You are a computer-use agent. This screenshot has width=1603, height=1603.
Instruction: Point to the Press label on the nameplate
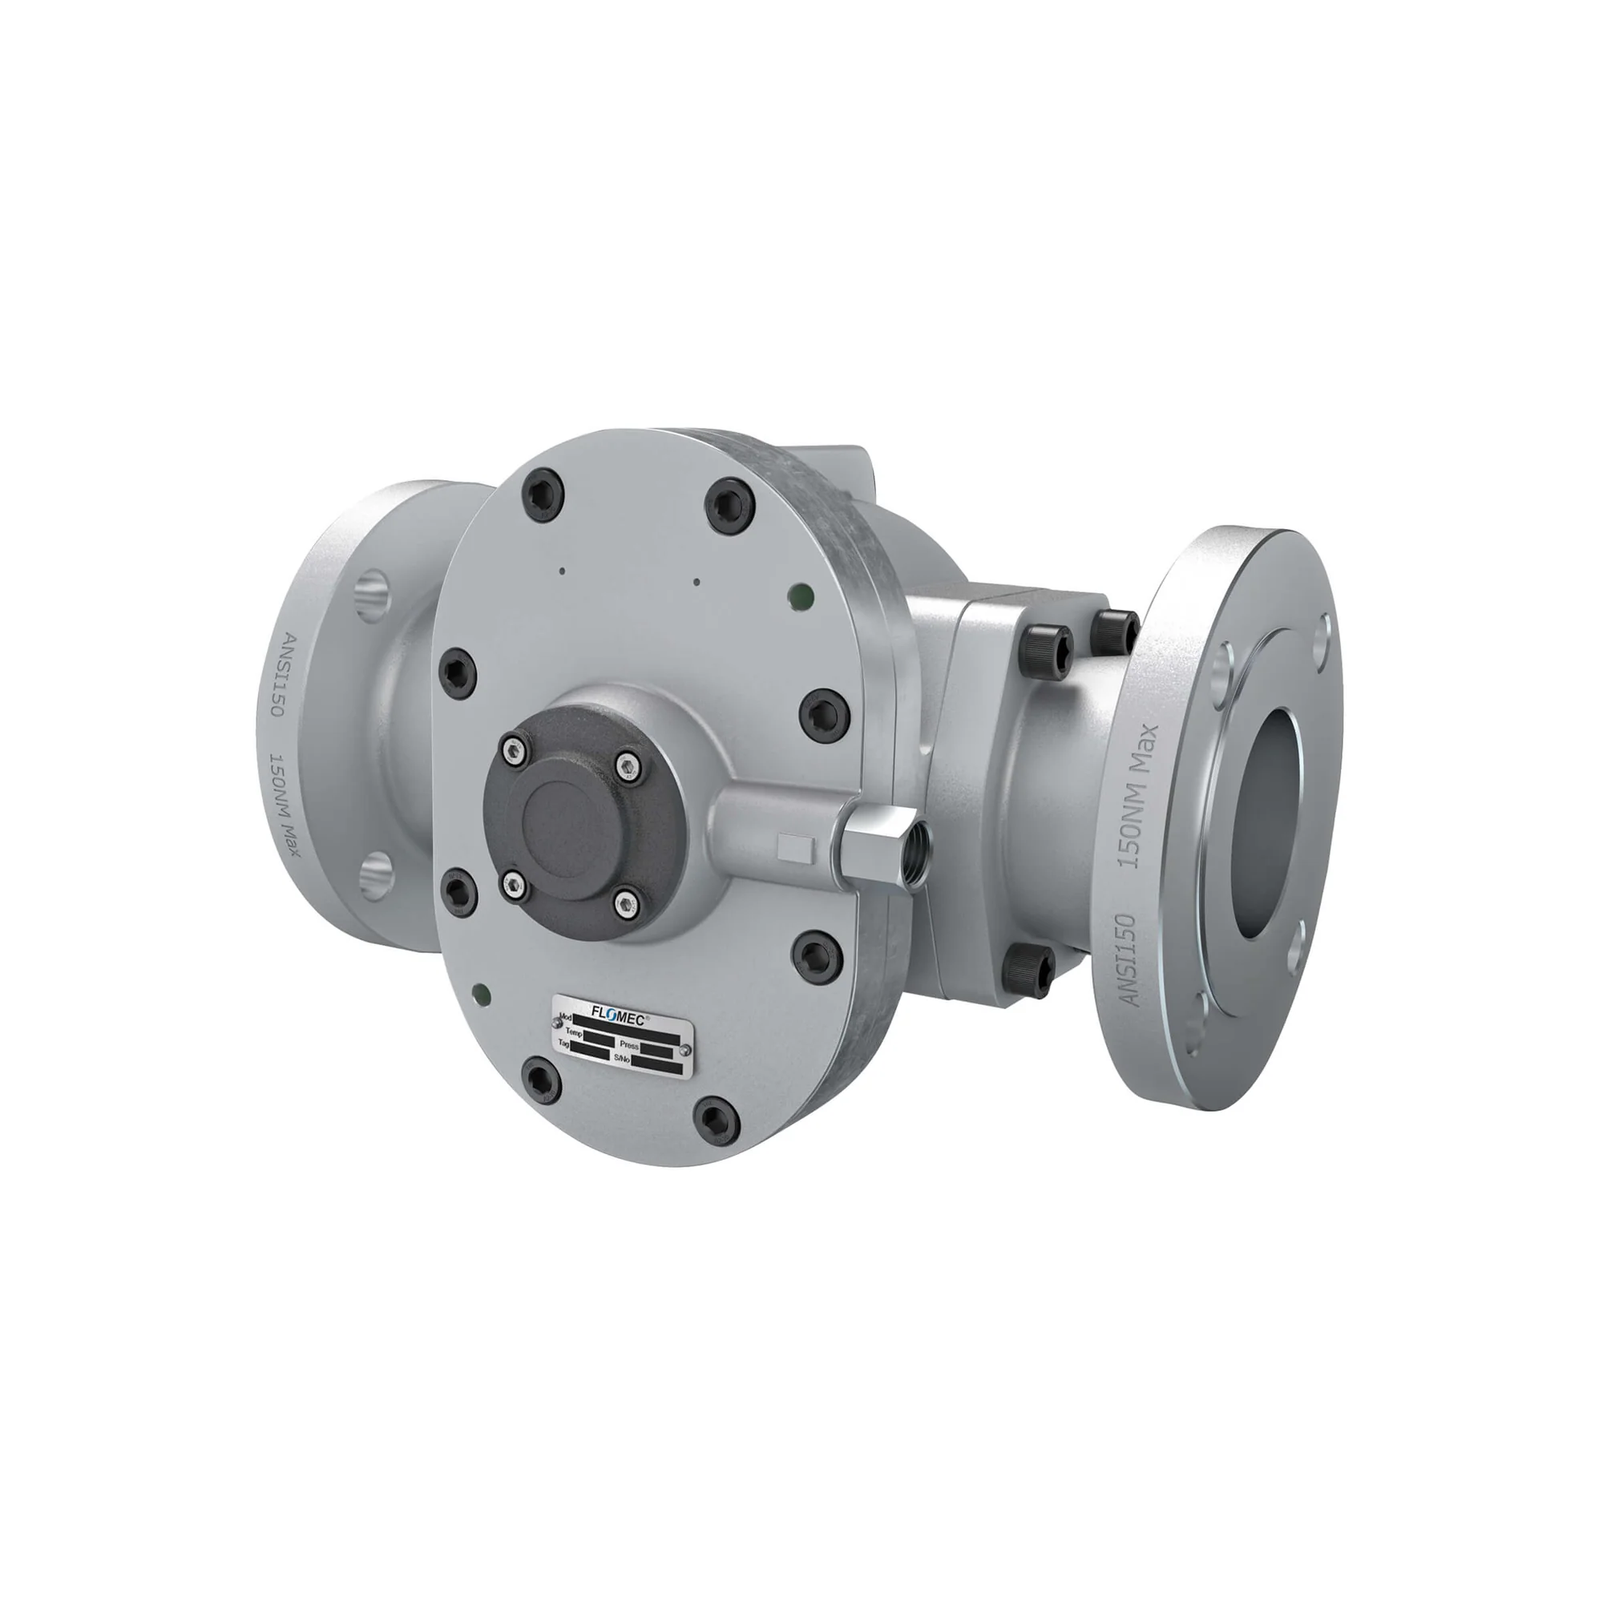[x=629, y=1045]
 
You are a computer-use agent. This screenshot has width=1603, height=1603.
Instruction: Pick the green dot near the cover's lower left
[x=478, y=991]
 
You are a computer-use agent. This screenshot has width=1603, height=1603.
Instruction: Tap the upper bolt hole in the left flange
[x=373, y=594]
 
